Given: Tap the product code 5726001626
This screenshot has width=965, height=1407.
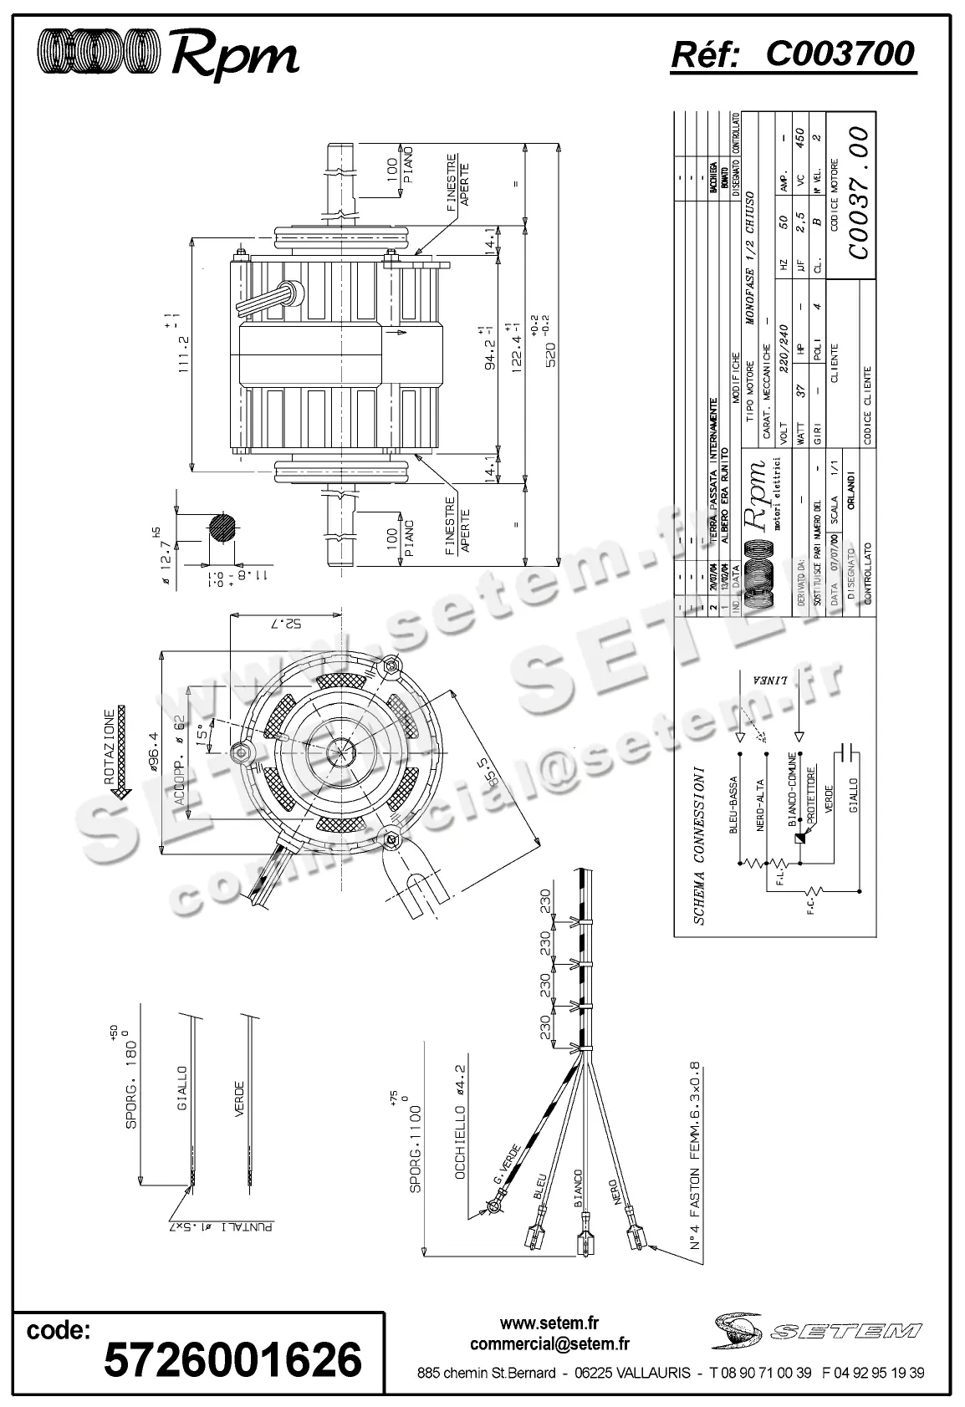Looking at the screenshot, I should coord(232,1359).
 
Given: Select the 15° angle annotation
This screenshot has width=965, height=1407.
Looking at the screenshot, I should coord(202,732).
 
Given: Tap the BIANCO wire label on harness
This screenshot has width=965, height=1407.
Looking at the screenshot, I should coord(577,1190).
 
